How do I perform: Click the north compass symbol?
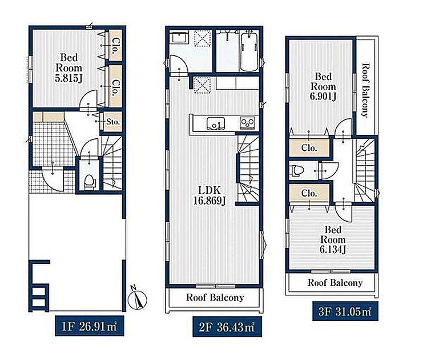coord(138,299)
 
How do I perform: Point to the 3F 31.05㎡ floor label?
coord(345,311)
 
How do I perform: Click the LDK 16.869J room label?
coord(210,195)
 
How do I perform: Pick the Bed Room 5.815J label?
coord(69,68)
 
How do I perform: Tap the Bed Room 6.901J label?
coord(323,86)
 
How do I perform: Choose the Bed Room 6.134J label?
coord(333,239)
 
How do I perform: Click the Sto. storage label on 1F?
coord(113,122)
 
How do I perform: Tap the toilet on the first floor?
coord(89,181)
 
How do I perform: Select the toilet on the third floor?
coord(297,170)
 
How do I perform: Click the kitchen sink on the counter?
coord(216,124)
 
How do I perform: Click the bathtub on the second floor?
coord(249,51)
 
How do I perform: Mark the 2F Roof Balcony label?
coord(215,297)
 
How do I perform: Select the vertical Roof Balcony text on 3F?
coord(365,90)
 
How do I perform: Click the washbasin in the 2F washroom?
coord(180,37)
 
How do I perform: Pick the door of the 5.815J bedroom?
coord(88,100)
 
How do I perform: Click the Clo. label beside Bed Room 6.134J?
coord(309,193)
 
